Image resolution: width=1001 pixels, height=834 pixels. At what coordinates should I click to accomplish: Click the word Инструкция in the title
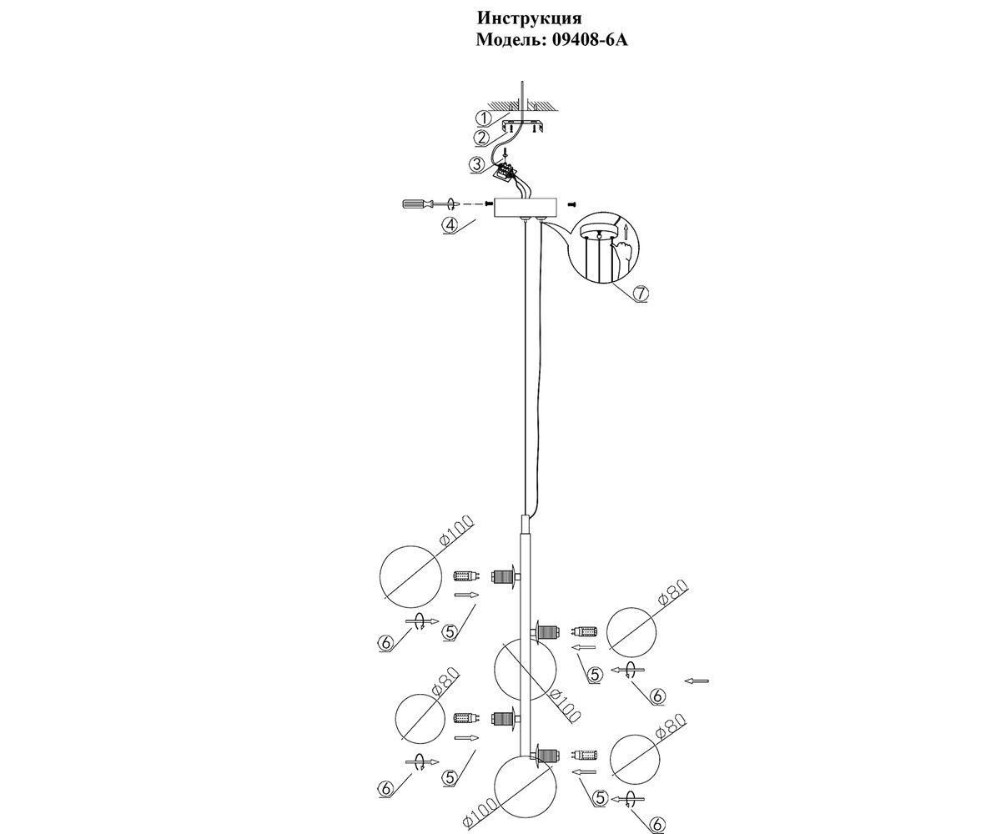[529, 18]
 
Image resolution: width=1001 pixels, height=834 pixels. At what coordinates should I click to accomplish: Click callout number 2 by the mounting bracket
[481, 138]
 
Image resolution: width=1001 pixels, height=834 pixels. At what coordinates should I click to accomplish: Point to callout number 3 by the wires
[476, 164]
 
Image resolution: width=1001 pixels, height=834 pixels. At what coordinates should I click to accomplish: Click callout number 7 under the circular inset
[640, 294]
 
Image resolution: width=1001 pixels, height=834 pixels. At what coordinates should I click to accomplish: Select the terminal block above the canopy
[506, 173]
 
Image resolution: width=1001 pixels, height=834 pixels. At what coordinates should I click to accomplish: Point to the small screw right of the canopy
[572, 203]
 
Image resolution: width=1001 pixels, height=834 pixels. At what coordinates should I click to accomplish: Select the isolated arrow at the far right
[697, 681]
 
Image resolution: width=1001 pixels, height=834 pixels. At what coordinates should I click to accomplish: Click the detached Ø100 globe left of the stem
[410, 574]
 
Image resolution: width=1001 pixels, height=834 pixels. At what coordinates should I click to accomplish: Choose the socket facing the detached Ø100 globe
[504, 575]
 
